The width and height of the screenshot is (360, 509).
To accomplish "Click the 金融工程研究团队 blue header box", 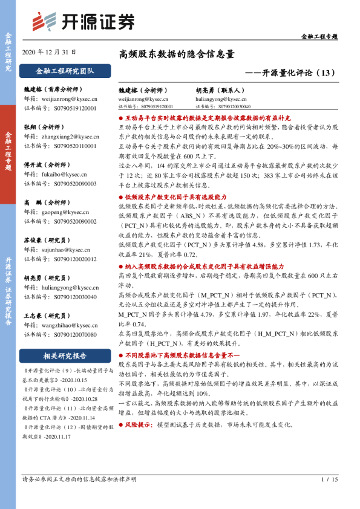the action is [65, 71].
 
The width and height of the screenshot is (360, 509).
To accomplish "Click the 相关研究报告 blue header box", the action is [65, 355].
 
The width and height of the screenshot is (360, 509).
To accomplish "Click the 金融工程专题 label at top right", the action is [319, 37].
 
